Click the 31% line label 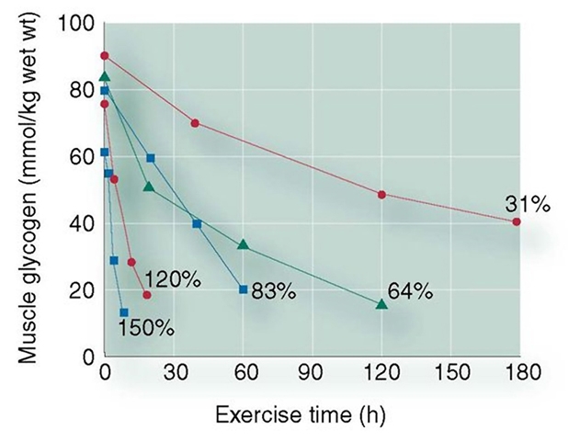coord(527,204)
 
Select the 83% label coord(273,292)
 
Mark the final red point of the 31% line coord(517,221)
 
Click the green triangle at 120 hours coord(382,304)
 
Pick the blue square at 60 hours coord(243,289)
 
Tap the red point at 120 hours coord(382,195)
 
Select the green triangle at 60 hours coord(243,245)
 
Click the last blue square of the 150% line coord(124,312)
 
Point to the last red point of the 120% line coord(147,295)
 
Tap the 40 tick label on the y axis coord(82,223)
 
